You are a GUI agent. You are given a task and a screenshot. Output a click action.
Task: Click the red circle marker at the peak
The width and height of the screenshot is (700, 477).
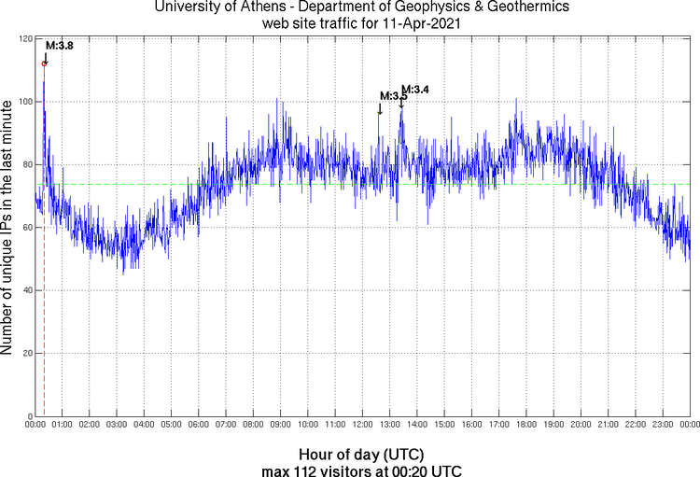pyautogui.click(x=45, y=63)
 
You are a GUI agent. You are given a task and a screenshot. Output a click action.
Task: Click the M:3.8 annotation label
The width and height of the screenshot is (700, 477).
pyautogui.click(x=60, y=45)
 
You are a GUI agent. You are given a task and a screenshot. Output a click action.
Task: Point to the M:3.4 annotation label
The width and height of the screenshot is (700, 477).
pyautogui.click(x=414, y=89)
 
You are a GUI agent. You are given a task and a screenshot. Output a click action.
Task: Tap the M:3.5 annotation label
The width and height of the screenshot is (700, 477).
pyautogui.click(x=394, y=96)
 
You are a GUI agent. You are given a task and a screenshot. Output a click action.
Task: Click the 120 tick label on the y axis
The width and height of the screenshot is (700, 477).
pyautogui.click(x=25, y=39)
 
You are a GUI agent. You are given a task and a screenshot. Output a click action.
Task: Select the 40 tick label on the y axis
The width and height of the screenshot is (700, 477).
pyautogui.click(x=28, y=290)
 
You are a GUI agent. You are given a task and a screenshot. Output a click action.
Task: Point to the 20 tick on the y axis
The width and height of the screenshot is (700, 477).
pyautogui.click(x=28, y=353)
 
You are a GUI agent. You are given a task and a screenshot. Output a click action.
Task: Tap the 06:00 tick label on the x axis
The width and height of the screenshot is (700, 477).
pyautogui.click(x=199, y=426)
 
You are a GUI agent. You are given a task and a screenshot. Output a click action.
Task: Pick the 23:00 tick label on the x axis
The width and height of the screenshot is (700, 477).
pyautogui.click(x=663, y=426)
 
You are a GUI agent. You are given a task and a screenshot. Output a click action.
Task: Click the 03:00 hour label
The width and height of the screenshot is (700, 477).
pyautogui.click(x=118, y=426)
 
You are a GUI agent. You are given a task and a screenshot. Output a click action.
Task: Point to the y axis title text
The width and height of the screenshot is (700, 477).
pyautogui.click(x=8, y=230)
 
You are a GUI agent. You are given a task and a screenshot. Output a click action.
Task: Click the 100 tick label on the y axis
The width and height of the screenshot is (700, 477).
pyautogui.click(x=25, y=102)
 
